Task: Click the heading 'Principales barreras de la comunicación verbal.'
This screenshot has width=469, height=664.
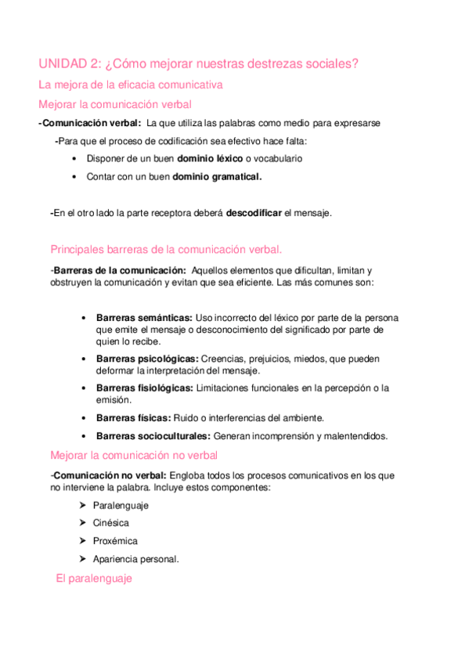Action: (x=165, y=250)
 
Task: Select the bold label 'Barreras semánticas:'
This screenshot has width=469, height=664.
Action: (x=144, y=318)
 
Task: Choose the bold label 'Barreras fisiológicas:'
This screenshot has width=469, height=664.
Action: (x=145, y=388)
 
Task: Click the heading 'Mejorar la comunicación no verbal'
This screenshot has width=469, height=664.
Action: (x=134, y=455)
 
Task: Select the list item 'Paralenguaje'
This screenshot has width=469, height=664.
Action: (x=120, y=505)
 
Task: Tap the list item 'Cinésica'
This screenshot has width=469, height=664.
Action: (x=110, y=523)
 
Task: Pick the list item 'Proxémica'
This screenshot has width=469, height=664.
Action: (x=114, y=541)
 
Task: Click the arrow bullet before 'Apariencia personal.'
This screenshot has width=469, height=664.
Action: (x=83, y=559)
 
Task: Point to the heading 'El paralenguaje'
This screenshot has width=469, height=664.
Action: (x=94, y=579)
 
